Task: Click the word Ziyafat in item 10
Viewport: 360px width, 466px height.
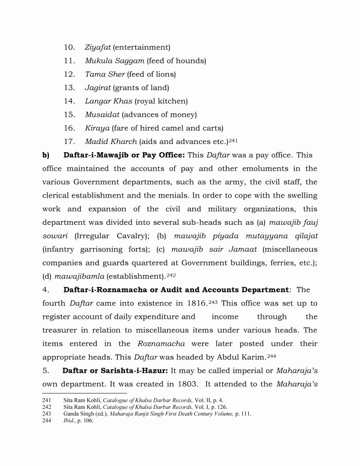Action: [98, 47]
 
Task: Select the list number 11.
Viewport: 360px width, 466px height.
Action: [69, 61]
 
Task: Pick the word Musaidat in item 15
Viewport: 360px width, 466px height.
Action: [102, 114]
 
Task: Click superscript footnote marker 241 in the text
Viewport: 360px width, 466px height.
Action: [232, 139]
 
